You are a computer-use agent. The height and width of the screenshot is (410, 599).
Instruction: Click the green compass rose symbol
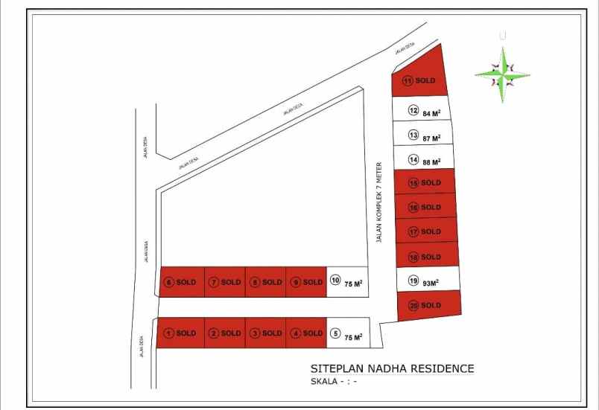[x=502, y=74]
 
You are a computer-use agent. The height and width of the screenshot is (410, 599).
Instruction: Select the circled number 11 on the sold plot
[x=408, y=81]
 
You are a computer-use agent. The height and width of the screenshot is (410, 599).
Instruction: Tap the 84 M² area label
[x=432, y=113]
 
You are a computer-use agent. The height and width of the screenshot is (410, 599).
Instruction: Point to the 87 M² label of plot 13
[x=432, y=138]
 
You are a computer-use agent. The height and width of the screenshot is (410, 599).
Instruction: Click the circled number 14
[x=413, y=159]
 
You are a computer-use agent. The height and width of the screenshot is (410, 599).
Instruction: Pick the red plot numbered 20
[x=428, y=305]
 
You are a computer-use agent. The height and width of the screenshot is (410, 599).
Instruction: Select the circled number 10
[x=335, y=281]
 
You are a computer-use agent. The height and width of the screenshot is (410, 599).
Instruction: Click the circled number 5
[x=335, y=333]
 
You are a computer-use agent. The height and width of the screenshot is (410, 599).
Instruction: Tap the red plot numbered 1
[x=180, y=333]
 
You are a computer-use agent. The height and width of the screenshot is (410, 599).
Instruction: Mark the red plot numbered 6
[x=181, y=282]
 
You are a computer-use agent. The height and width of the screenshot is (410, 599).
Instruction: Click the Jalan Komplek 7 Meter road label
[x=378, y=202]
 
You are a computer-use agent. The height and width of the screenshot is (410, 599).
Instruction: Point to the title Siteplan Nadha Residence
[x=391, y=368]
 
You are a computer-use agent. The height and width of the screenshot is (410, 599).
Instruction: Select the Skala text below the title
[x=334, y=382]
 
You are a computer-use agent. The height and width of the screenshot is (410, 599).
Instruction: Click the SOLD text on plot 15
[x=431, y=183]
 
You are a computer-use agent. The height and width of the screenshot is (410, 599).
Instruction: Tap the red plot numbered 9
[x=306, y=282]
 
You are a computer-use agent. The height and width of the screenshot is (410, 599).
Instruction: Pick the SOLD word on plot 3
[x=272, y=333]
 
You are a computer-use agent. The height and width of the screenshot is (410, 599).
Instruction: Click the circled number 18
[x=413, y=257]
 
